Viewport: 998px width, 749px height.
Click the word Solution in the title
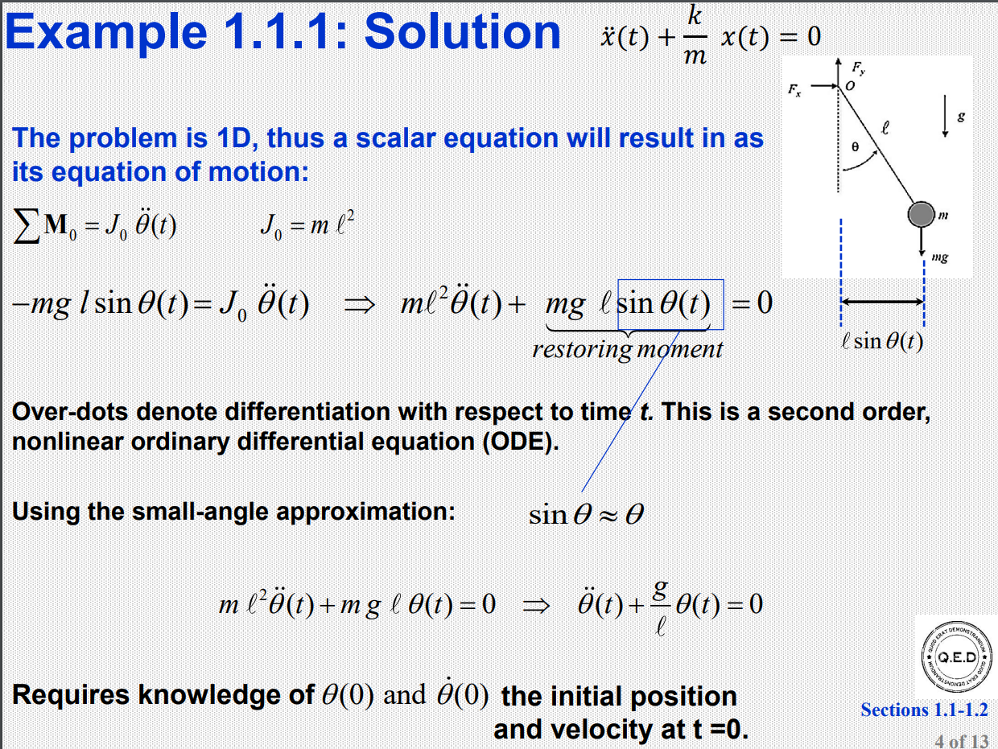(462, 34)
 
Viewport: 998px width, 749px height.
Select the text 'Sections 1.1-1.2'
(923, 710)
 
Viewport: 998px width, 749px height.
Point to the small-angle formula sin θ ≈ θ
(586, 514)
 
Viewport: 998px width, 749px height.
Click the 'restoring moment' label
(627, 349)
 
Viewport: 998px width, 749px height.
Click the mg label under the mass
(938, 257)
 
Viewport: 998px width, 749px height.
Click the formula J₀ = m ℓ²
(307, 226)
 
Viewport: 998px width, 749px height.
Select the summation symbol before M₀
(26, 227)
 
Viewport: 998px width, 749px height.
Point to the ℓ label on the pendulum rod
(885, 126)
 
